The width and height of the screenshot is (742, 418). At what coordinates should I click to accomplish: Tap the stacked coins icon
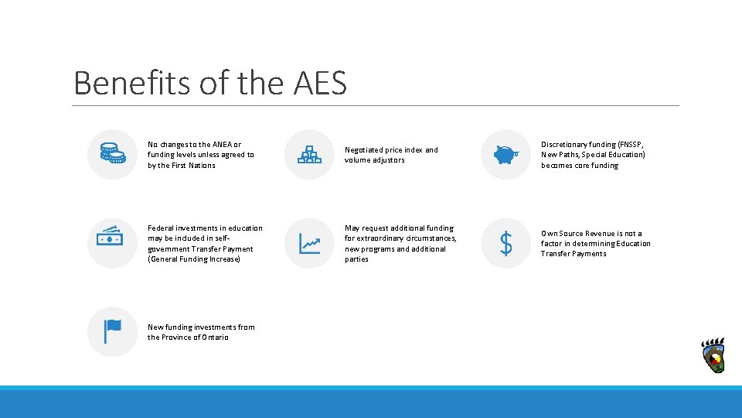(x=112, y=154)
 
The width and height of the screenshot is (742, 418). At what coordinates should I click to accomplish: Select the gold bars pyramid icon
(x=309, y=154)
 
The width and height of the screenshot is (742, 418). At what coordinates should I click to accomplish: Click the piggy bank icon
(x=506, y=154)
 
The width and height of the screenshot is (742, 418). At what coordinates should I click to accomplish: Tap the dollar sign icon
(x=506, y=244)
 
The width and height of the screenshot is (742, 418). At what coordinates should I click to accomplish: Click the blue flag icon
(x=113, y=331)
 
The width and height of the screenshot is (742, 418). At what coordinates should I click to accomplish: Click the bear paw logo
(x=713, y=356)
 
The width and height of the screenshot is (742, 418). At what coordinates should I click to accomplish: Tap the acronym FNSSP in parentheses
(x=629, y=145)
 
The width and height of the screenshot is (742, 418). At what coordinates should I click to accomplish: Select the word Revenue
(x=597, y=233)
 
